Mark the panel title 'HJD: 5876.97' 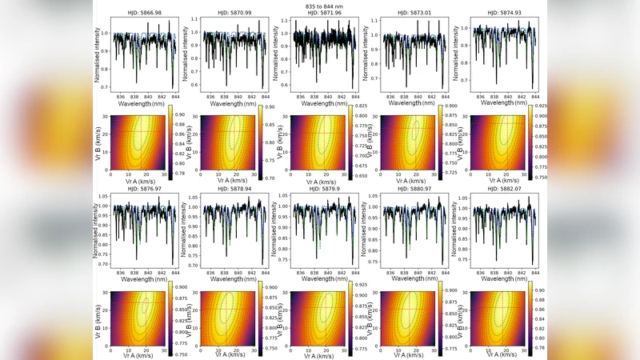(x=142, y=191)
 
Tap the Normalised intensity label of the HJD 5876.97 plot (x=98, y=231)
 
